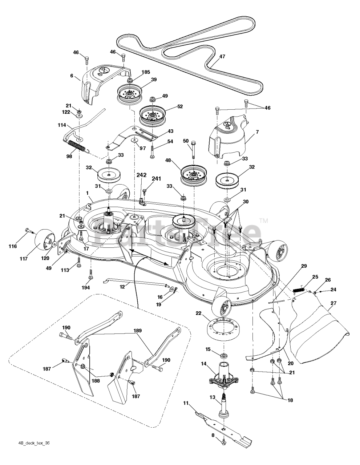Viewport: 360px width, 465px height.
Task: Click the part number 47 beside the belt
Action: [x=222, y=57]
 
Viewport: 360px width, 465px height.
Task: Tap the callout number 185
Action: [x=146, y=72]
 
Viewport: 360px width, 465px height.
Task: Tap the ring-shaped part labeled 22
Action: [x=223, y=329]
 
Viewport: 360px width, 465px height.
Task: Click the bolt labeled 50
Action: [x=193, y=150]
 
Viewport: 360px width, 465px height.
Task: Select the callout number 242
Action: [x=141, y=175]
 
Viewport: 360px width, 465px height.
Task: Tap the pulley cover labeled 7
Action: [x=228, y=137]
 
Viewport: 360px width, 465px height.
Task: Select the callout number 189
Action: [x=138, y=331]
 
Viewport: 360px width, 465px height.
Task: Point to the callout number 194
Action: [x=86, y=288]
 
